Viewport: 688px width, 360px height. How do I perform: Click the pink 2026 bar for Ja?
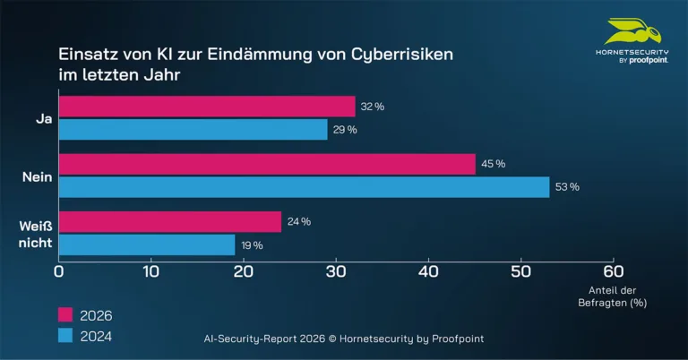[207, 107]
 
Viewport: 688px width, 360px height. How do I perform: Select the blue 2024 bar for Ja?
[193, 130]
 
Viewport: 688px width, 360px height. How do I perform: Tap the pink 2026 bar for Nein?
[267, 164]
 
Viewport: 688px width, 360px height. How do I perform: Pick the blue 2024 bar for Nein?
[304, 187]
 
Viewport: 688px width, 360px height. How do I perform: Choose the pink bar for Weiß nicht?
[170, 221]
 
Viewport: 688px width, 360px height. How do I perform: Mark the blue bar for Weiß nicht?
[147, 244]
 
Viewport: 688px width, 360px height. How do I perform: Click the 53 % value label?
[567, 187]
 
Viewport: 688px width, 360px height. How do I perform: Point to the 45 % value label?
[494, 164]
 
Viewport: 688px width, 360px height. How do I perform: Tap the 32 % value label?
[372, 107]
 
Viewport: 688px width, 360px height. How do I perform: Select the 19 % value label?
[252, 244]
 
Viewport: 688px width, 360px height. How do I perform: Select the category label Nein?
[37, 177]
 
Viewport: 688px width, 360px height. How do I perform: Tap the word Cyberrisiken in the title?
[402, 55]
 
